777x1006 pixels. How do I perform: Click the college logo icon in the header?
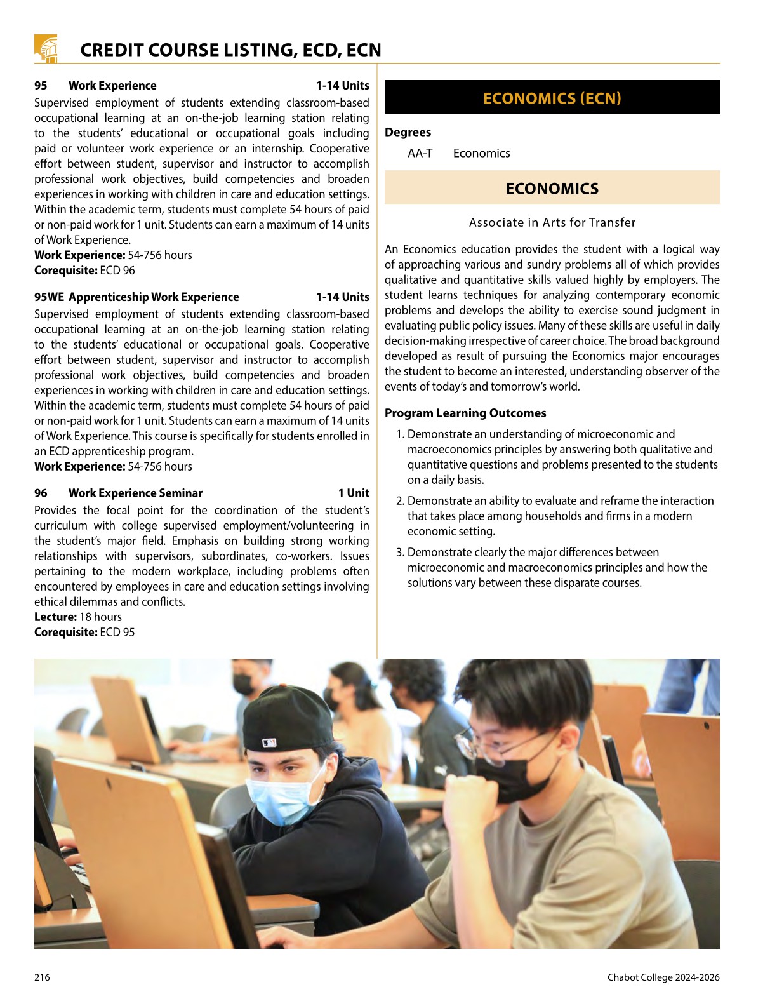[x=46, y=48]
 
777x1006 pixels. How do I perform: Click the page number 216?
[x=42, y=977]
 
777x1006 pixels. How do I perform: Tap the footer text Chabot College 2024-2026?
[x=663, y=977]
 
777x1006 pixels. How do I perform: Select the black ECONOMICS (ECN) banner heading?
[x=552, y=98]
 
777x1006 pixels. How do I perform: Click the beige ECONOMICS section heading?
[x=552, y=189]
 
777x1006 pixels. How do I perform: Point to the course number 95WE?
[x=49, y=297]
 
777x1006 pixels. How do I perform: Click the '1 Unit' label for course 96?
[x=353, y=493]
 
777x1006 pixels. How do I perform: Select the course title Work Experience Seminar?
[x=135, y=493]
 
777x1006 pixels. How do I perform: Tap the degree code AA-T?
[x=420, y=153]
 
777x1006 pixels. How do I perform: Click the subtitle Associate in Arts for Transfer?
[x=552, y=222]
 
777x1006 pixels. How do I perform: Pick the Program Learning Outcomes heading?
[x=465, y=413]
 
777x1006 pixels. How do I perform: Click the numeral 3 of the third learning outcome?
[x=399, y=553]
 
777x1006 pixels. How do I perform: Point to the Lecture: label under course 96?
[x=55, y=617]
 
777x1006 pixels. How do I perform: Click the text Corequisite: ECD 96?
[x=84, y=271]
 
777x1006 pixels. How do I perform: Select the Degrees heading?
[x=408, y=132]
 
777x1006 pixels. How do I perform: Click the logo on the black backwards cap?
[x=269, y=742]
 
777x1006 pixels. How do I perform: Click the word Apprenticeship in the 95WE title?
[x=109, y=297]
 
